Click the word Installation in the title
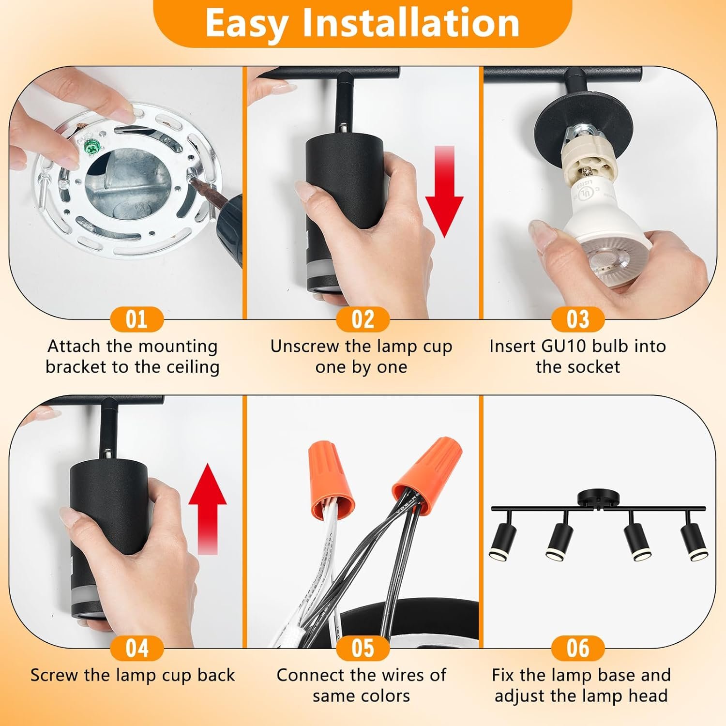[x=411, y=23]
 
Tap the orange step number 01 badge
[x=137, y=319]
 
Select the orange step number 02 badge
[x=363, y=319]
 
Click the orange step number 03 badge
[x=578, y=319]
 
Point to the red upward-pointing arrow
[x=207, y=508]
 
